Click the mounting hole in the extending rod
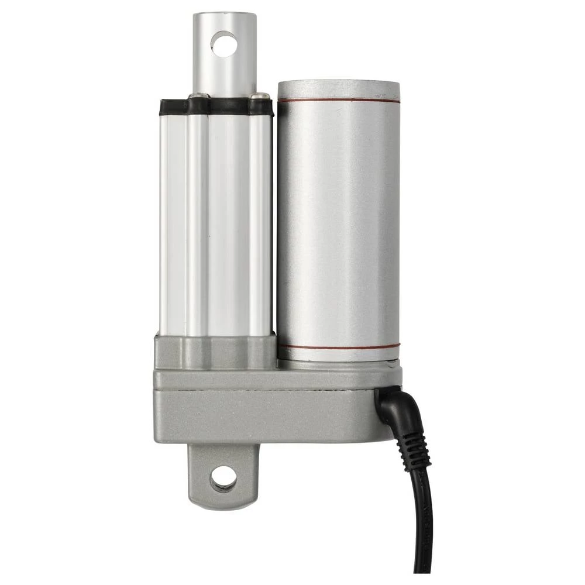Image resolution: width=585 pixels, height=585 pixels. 224,44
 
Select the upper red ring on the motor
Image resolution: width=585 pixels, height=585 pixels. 339,100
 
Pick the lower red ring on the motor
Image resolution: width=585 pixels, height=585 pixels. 339,346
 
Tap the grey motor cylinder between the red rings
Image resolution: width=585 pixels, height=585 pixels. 339,222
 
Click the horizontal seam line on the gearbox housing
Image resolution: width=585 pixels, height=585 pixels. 263,388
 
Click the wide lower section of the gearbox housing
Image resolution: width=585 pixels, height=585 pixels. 263,415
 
